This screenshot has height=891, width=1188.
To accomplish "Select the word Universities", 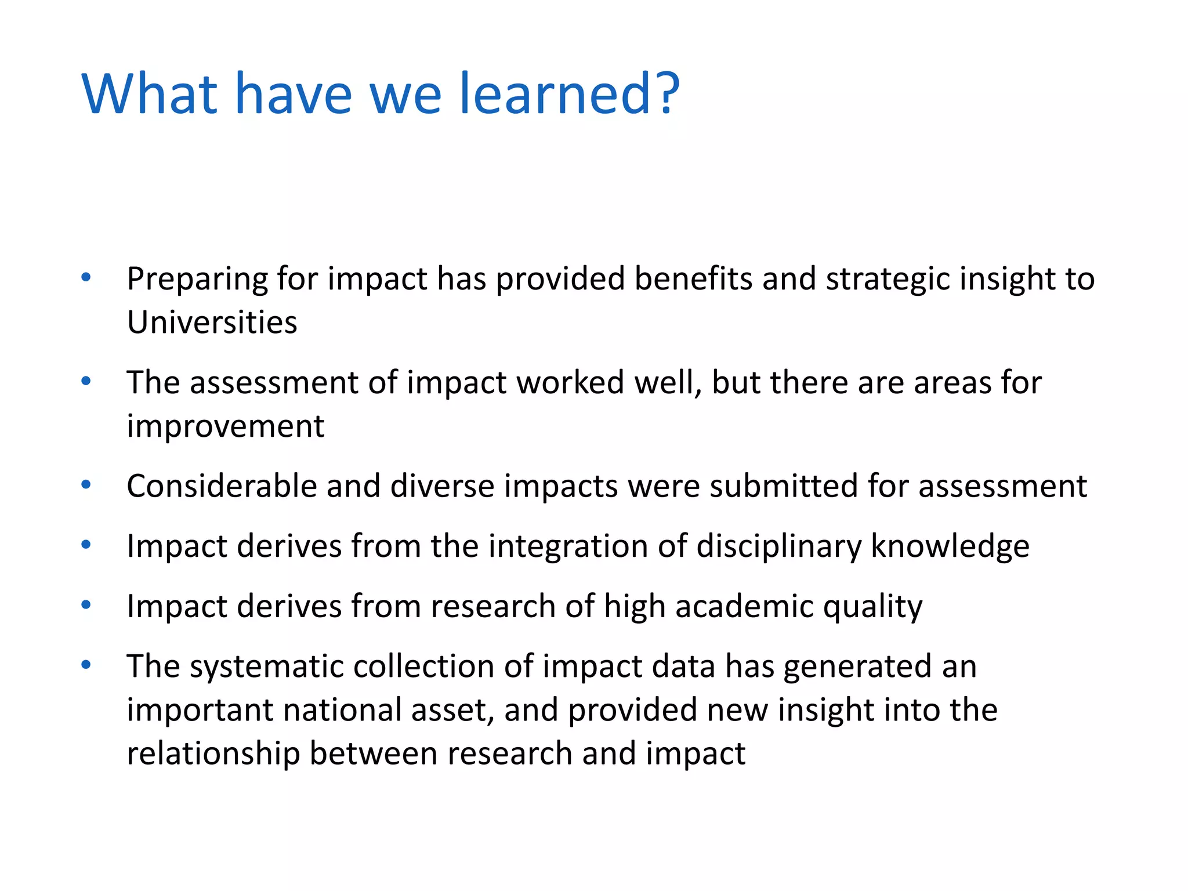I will (212, 323).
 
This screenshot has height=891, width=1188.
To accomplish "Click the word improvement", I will (225, 427).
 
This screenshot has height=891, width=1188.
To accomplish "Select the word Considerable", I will (222, 486).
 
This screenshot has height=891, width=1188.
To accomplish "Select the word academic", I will (744, 607).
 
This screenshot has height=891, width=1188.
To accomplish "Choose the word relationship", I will (213, 754).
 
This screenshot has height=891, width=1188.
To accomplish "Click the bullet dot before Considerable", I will (86, 485).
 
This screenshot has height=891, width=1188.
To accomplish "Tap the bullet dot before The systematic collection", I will (86, 665).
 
